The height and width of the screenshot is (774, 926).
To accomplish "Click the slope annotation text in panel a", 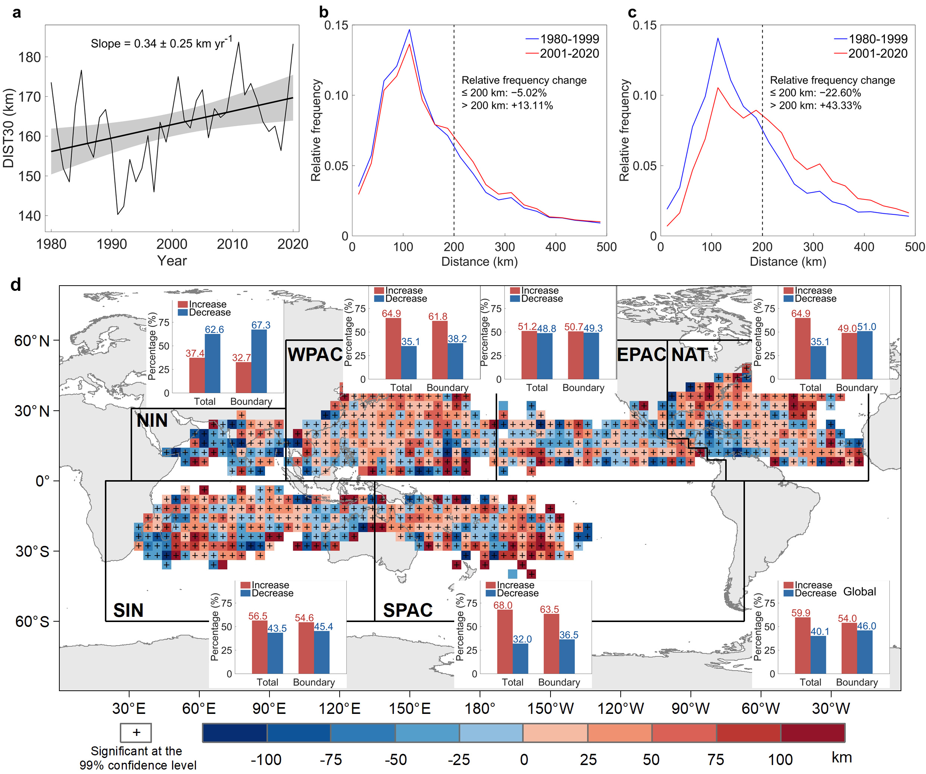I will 161,43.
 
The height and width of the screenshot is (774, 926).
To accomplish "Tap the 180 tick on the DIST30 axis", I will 29,57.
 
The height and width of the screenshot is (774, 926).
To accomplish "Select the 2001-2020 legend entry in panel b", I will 569,53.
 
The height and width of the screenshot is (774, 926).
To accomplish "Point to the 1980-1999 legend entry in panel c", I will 877,39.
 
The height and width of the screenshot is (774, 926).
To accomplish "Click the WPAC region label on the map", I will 315,354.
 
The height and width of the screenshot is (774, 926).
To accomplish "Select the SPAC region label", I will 408,610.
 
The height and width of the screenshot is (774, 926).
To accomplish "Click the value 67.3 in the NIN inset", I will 261,325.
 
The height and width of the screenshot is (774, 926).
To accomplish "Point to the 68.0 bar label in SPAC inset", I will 503,605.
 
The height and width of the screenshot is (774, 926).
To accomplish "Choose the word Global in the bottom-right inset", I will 860,591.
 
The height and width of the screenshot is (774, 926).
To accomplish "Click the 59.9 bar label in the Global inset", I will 801,613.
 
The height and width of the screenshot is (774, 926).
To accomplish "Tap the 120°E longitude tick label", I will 339,709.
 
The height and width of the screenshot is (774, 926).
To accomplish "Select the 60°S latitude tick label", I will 32,621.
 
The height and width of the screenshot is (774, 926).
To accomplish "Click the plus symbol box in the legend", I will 136,733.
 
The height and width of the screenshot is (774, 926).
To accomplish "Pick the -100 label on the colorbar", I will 266,759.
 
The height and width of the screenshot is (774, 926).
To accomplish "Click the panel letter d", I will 16,285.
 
